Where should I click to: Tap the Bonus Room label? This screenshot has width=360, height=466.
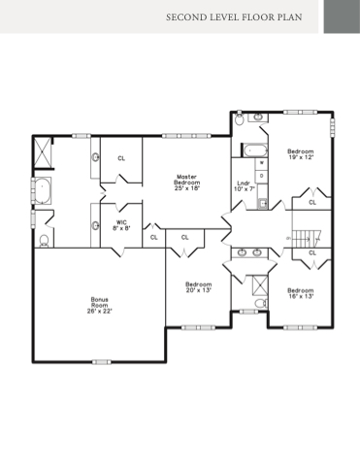pyautogui.click(x=100, y=302)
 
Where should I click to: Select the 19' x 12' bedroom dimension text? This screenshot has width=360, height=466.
pyautogui.click(x=301, y=157)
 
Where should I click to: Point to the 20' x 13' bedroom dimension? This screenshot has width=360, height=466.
pyautogui.click(x=199, y=290)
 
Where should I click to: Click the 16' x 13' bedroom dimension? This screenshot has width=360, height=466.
pyautogui.click(x=301, y=296)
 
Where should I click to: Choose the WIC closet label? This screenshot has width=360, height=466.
pyautogui.click(x=121, y=222)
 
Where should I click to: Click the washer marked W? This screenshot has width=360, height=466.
pyautogui.click(x=262, y=163)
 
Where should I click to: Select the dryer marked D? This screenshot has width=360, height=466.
pyautogui.click(x=262, y=176)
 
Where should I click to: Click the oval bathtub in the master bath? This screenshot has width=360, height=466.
pyautogui.click(x=43, y=190)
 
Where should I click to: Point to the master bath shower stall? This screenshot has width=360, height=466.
pyautogui.click(x=43, y=153)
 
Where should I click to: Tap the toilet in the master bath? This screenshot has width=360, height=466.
pyautogui.click(x=44, y=241)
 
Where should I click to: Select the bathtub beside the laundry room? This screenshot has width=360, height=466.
pyautogui.click(x=255, y=150)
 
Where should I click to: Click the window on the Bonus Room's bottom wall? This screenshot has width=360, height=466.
pyautogui.click(x=102, y=362)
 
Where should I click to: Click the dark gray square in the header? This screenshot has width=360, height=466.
pyautogui.click(x=342, y=17)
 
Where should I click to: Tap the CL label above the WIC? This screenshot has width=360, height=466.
pyautogui.click(x=121, y=158)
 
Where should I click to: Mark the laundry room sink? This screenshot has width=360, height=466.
pyautogui.click(x=263, y=204)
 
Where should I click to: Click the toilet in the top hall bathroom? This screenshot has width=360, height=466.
pyautogui.click(x=240, y=119)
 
